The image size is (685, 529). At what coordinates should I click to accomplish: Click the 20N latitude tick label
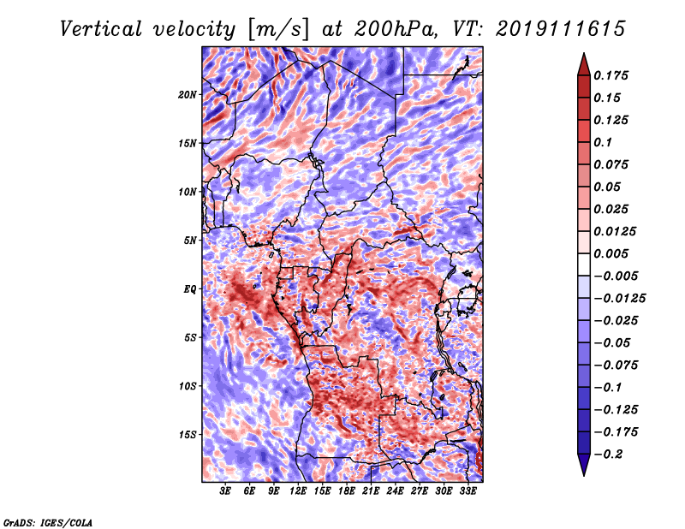[x=188, y=95]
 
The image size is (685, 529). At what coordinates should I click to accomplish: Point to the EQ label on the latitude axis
[x=189, y=289]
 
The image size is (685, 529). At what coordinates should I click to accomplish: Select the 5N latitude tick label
[x=190, y=241]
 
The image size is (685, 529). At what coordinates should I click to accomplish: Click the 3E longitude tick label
[x=225, y=491]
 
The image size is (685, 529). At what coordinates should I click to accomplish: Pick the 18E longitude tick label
[x=347, y=491]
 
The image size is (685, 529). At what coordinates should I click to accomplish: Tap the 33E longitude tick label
[x=468, y=491]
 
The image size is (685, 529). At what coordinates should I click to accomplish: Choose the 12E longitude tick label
[x=298, y=491]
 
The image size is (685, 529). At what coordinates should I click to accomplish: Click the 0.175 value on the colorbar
[x=611, y=75]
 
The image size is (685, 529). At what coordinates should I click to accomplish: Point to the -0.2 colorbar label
[x=608, y=455]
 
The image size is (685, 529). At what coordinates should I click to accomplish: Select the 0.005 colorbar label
[x=611, y=253]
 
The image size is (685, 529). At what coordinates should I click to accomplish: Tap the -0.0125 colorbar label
[x=619, y=299]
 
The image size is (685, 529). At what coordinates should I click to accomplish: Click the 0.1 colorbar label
[x=603, y=142]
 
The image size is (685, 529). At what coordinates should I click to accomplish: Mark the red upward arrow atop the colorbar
[x=584, y=64]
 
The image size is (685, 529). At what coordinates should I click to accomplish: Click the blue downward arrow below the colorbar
[x=584, y=465]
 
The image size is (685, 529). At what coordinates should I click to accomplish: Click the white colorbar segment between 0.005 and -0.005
[x=584, y=264]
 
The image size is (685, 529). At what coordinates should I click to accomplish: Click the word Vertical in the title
[x=101, y=29]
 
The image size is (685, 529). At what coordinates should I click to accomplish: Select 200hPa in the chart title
[x=396, y=29]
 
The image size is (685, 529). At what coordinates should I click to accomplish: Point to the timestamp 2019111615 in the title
[x=561, y=29]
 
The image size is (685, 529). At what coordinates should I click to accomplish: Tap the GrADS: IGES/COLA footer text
[x=48, y=522]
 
